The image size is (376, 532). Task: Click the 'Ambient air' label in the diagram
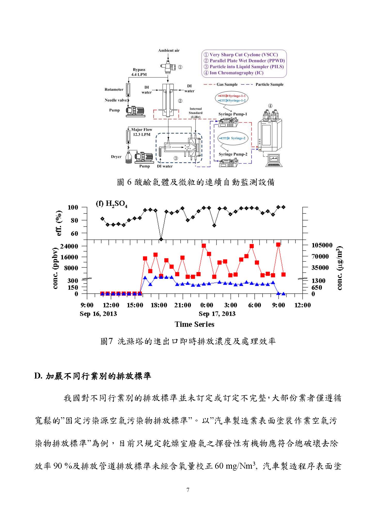coord(169,50)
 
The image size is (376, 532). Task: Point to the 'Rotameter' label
coord(114,89)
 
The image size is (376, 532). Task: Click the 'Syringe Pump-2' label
coord(233,154)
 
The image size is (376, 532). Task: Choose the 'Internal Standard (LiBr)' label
coord(195,113)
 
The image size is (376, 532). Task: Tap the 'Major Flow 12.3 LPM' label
coord(142,132)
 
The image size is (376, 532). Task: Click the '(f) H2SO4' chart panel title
coord(112,204)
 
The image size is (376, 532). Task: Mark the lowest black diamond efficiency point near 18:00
coord(161,239)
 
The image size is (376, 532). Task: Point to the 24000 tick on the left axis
coord(69,246)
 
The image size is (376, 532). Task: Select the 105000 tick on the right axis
coord(322,245)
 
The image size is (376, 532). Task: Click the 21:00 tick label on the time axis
coord(183,305)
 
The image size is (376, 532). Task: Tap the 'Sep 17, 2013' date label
coord(217,314)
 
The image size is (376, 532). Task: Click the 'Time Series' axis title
coord(194,324)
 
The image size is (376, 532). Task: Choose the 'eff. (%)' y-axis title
coord(59,223)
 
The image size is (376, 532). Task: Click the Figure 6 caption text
coord(195,182)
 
